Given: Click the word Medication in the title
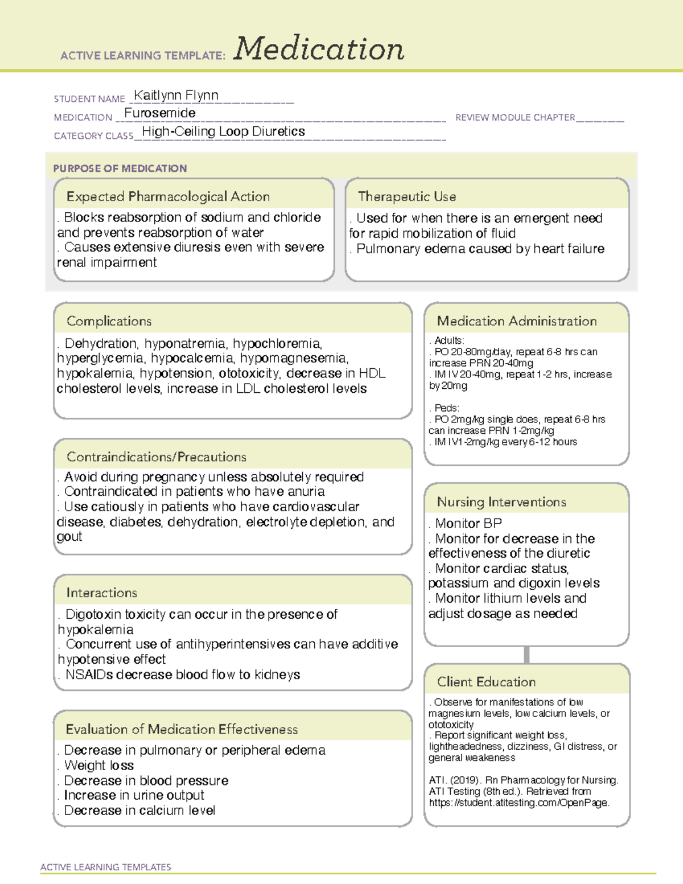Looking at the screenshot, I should click(319, 49).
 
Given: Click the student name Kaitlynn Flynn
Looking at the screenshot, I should click(176, 95).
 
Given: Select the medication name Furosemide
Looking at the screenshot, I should click(160, 113).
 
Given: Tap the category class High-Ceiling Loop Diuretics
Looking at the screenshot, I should click(223, 131).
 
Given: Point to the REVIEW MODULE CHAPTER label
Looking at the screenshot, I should click(515, 117).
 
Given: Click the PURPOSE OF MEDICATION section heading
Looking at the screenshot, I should click(120, 168).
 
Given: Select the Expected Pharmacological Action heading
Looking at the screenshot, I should click(168, 196).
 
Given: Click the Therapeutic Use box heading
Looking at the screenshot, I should click(406, 196).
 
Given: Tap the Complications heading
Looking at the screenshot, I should click(109, 321).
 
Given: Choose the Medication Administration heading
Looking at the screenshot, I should click(516, 321).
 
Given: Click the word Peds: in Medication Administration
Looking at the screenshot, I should click(447, 408).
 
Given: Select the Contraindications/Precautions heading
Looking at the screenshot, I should click(156, 457).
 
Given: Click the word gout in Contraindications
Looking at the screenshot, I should click(69, 537).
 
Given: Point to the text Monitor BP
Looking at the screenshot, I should click(468, 523).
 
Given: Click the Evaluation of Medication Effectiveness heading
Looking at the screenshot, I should click(182, 729).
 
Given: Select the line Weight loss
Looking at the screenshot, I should click(99, 766).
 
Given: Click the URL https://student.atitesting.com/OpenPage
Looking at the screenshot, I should click(519, 803).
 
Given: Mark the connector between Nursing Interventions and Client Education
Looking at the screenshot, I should click(526, 655).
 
